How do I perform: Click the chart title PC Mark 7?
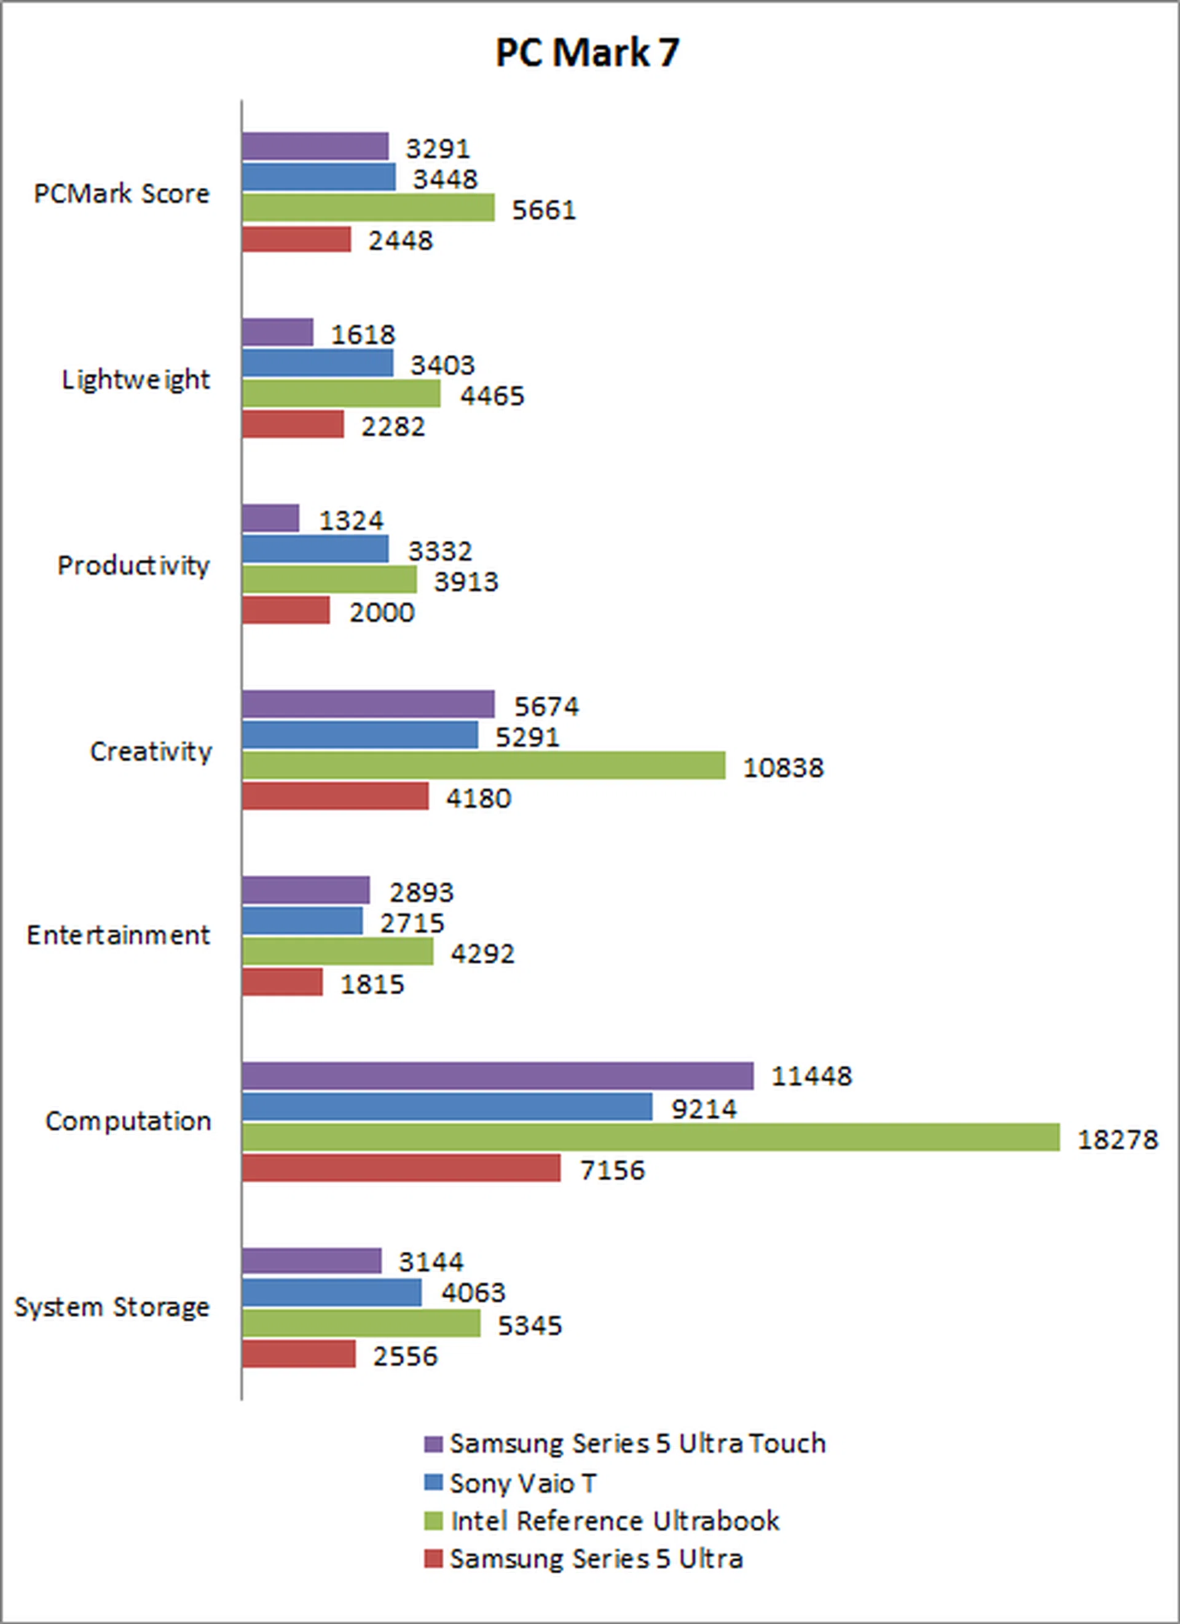click(587, 53)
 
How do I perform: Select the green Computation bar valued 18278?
click(650, 1138)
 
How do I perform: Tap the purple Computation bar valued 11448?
click(497, 1077)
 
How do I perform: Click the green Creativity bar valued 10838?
click(483, 766)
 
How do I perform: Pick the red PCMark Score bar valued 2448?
click(296, 239)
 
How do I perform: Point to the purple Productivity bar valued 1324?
click(270, 519)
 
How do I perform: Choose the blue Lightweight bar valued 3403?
click(317, 363)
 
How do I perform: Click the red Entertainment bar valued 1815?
click(282, 983)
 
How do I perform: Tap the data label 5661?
click(543, 210)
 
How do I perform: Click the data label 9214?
click(704, 1109)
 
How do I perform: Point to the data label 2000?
click(382, 613)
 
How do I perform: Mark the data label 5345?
click(530, 1325)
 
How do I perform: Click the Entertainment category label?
click(118, 936)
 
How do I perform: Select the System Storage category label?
click(112, 1308)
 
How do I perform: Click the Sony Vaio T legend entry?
click(522, 1483)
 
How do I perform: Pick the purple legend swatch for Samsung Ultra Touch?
click(433, 1444)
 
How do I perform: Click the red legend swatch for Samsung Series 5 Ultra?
click(433, 1559)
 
